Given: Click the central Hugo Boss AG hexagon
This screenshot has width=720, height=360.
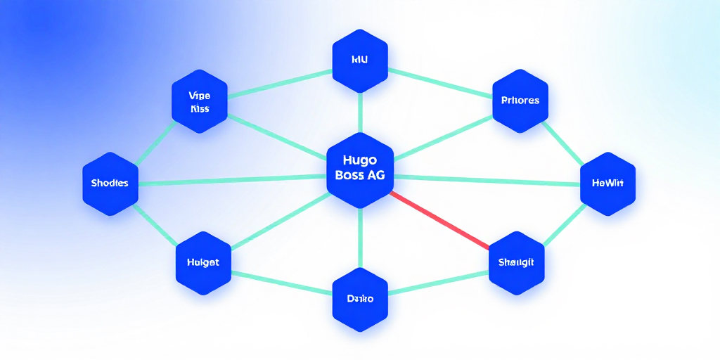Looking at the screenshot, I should click(360, 169).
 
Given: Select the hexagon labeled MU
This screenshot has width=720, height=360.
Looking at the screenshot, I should click(360, 60).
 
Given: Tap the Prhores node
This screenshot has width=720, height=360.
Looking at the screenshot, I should click(520, 101).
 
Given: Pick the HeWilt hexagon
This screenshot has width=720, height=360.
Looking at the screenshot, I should click(607, 184).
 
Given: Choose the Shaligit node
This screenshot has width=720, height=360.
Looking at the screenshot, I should click(516, 262).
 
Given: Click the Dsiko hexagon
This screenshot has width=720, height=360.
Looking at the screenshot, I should click(360, 299).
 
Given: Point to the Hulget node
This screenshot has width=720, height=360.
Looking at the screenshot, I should click(202, 262).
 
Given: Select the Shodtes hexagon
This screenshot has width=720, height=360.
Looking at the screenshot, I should click(110, 184).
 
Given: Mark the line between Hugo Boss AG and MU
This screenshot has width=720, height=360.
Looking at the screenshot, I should click(360, 112).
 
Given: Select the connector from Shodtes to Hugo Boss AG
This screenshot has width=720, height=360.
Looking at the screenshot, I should click(232, 180).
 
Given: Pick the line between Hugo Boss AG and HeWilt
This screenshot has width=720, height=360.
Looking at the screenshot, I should click(485, 180).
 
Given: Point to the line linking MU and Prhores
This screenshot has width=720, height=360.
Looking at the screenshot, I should click(439, 81).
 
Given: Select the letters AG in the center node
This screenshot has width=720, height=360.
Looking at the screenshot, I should click(375, 176).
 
